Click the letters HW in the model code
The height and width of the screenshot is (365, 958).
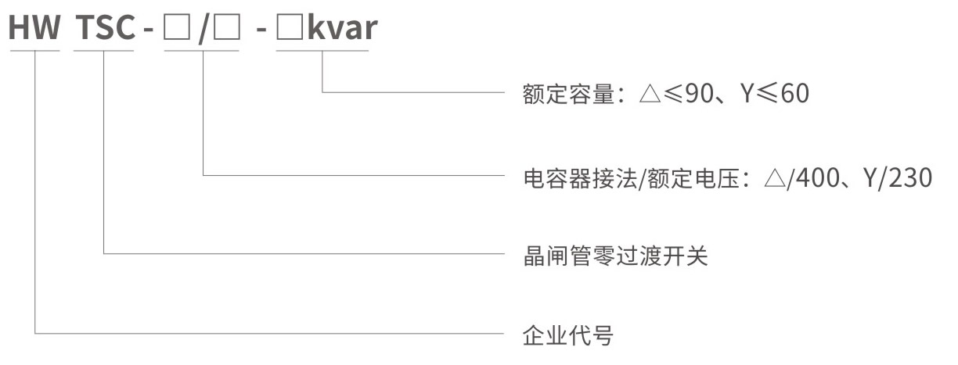click(34, 27)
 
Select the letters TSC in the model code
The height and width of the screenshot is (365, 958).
click(105, 27)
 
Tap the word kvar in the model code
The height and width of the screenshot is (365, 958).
click(343, 27)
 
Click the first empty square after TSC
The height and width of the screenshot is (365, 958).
click(177, 28)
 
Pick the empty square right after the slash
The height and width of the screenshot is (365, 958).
click(227, 28)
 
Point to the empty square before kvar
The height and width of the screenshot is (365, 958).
click(290, 28)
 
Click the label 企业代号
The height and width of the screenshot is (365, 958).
click(568, 335)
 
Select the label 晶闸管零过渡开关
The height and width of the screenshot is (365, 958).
click(615, 256)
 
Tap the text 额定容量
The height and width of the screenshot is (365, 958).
click(568, 94)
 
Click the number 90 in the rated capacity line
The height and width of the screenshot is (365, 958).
click(699, 93)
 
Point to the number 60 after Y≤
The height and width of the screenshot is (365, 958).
click(795, 93)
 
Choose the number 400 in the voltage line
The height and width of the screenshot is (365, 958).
click(818, 177)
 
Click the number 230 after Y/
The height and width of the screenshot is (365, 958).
click(910, 177)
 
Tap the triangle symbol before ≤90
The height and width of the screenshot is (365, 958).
click(650, 94)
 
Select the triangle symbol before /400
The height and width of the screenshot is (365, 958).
click(775, 178)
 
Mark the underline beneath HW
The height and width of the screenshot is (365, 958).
click(34, 51)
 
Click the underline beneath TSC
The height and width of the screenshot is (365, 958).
click(103, 51)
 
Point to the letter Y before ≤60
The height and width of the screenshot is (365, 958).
click(747, 93)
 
